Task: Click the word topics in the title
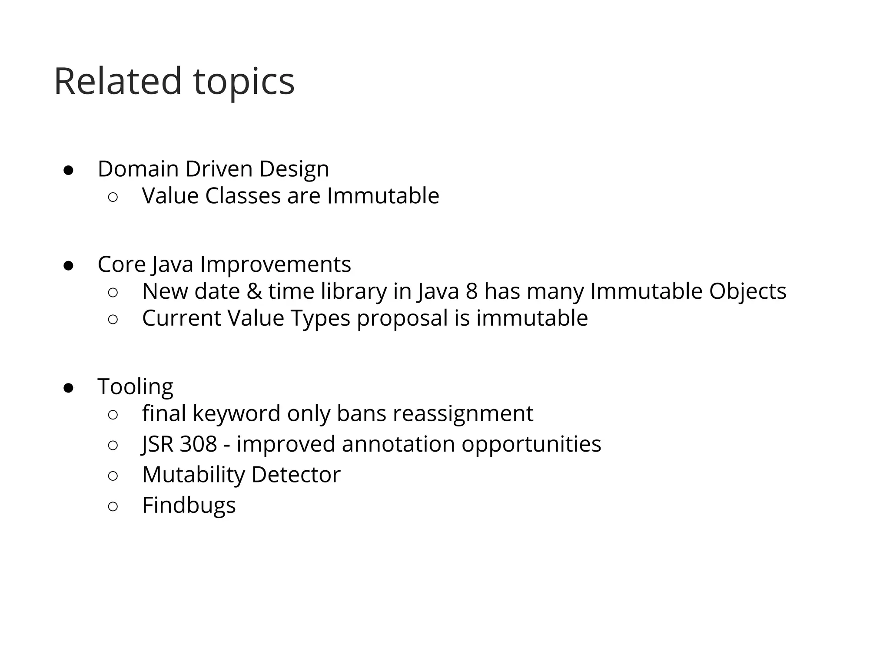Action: pyautogui.click(x=244, y=83)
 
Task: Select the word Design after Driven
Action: pyautogui.click(x=294, y=169)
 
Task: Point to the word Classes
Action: pyautogui.click(x=242, y=195)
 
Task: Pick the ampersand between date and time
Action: pyautogui.click(x=254, y=291)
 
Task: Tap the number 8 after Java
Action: pyautogui.click(x=472, y=291)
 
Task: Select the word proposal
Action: pyautogui.click(x=402, y=318)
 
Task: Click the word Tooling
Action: pyautogui.click(x=135, y=386)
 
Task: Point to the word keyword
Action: pyautogui.click(x=236, y=413)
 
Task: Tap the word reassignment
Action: pyautogui.click(x=463, y=413)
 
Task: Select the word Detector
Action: pyautogui.click(x=296, y=474)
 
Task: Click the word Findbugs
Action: pyautogui.click(x=189, y=505)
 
